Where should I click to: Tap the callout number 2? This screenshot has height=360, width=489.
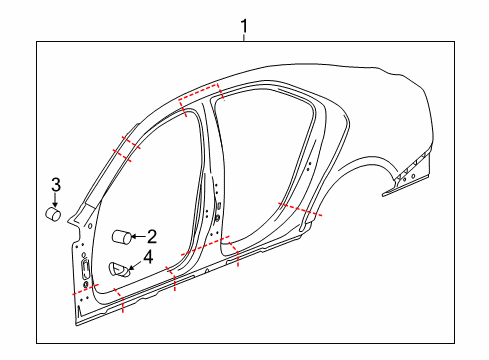pos(152,237)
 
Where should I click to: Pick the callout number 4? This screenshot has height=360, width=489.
pos(148,258)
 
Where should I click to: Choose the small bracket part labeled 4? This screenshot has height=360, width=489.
pos(118,267)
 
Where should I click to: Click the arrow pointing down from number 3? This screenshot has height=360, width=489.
pos(56,198)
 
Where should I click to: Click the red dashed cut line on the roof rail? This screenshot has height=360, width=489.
pos(200,96)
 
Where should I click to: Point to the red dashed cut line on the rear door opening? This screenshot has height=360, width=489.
pos(299,211)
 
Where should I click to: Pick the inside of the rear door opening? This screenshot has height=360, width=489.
pos(265,160)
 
